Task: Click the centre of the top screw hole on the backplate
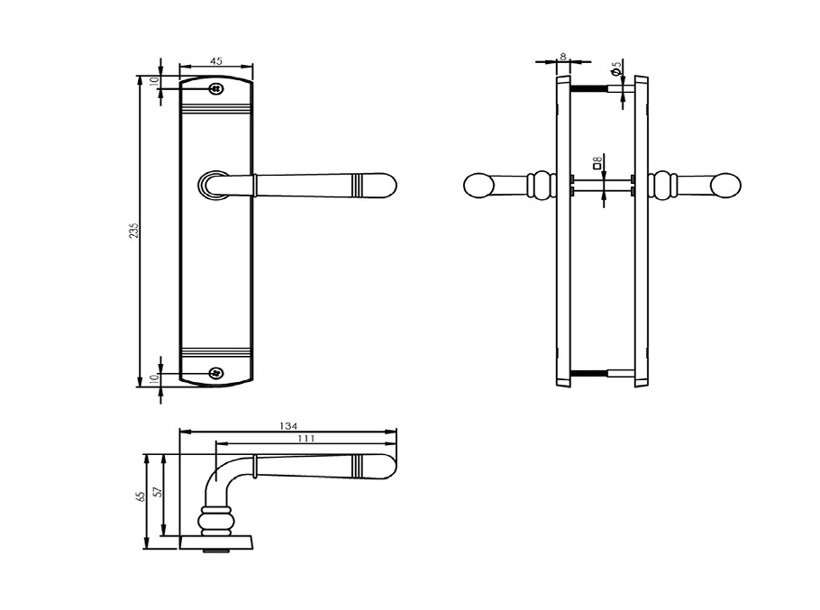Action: (x=216, y=89)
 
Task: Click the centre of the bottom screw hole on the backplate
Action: (x=215, y=373)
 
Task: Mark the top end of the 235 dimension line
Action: (x=140, y=76)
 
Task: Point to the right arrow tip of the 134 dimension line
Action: (x=396, y=432)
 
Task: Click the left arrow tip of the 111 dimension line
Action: (x=216, y=444)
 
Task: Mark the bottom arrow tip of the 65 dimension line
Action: (x=147, y=549)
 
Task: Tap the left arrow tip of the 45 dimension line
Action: (x=179, y=67)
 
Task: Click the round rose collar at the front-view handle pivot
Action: (x=210, y=185)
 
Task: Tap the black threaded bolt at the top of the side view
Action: (x=588, y=89)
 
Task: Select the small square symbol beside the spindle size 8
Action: (x=597, y=166)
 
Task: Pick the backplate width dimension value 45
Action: (x=216, y=60)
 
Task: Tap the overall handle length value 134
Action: (x=288, y=426)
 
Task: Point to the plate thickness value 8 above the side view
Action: (x=562, y=56)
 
